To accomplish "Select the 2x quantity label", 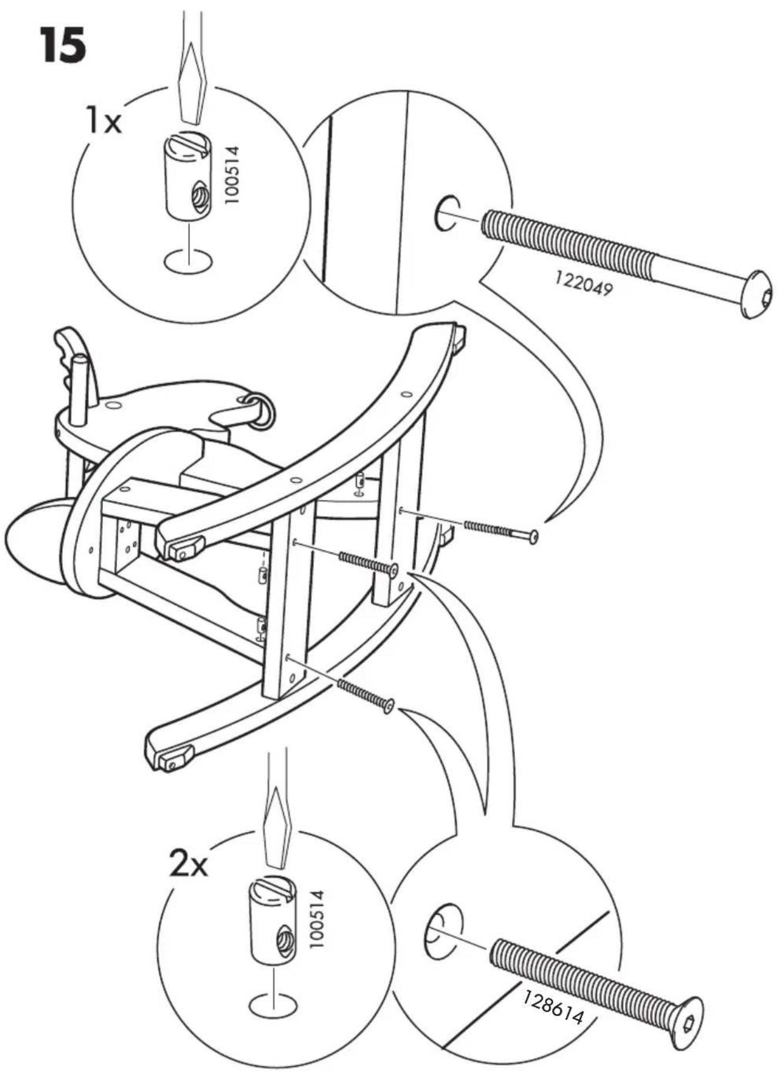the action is tap(188, 863).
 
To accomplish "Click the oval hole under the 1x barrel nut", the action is tap(188, 261).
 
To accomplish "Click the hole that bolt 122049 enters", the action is tap(448, 213).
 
